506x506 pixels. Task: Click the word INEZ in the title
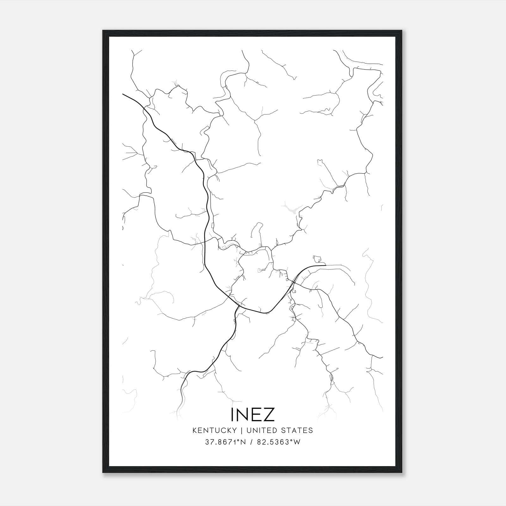(253, 414)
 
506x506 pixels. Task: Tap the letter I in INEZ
(233, 414)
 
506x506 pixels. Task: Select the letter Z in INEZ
(268, 414)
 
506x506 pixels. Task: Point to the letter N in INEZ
(243, 414)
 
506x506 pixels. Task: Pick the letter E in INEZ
(256, 414)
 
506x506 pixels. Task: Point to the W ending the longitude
(297, 442)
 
